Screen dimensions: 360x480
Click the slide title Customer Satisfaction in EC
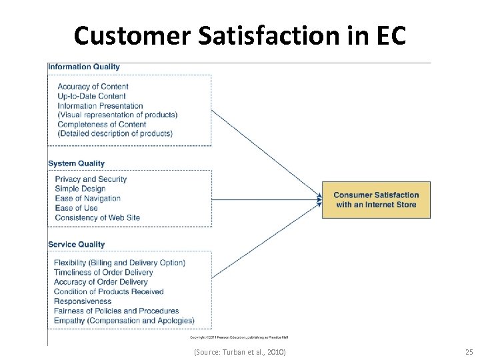240,35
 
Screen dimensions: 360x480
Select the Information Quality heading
84,67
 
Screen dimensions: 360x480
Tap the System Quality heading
77,163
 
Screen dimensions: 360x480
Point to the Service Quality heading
77,245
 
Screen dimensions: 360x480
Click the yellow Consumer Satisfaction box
376,200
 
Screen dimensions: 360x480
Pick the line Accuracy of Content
93,87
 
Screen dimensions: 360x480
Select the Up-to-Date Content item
91,96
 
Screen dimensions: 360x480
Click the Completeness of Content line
102,124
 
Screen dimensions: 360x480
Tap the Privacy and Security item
91,179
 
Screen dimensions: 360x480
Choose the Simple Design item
80,189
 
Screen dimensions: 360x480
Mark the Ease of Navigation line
87,198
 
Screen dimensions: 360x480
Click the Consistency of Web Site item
97,217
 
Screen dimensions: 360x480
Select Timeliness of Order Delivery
103,272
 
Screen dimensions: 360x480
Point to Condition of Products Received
109,291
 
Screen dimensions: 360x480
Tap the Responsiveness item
83,301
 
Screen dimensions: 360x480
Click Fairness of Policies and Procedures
117,311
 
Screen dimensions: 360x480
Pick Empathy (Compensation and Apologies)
124,321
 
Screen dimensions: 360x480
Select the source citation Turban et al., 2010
239,351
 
